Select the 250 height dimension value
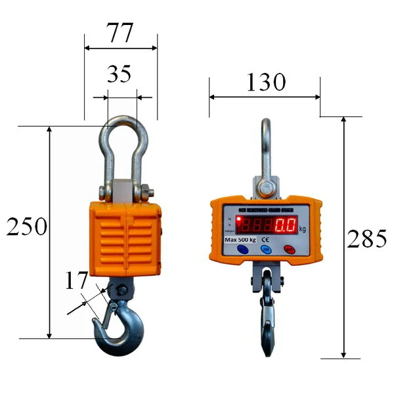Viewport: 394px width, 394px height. (x=26, y=227)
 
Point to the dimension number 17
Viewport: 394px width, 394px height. (x=77, y=280)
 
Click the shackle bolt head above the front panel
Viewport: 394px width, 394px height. (x=266, y=190)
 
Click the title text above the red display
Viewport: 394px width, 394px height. (x=265, y=209)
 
